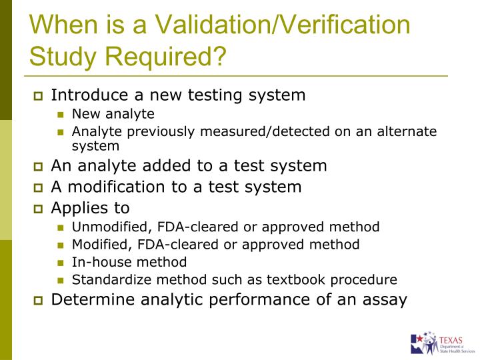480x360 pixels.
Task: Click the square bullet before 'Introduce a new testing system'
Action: click(x=38, y=96)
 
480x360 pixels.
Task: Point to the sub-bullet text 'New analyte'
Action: click(x=113, y=113)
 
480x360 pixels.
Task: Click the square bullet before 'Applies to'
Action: click(x=38, y=208)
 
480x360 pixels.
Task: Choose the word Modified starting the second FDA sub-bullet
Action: click(x=99, y=244)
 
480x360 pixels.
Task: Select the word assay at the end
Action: click(x=385, y=300)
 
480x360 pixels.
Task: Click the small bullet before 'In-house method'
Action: click(x=62, y=263)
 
